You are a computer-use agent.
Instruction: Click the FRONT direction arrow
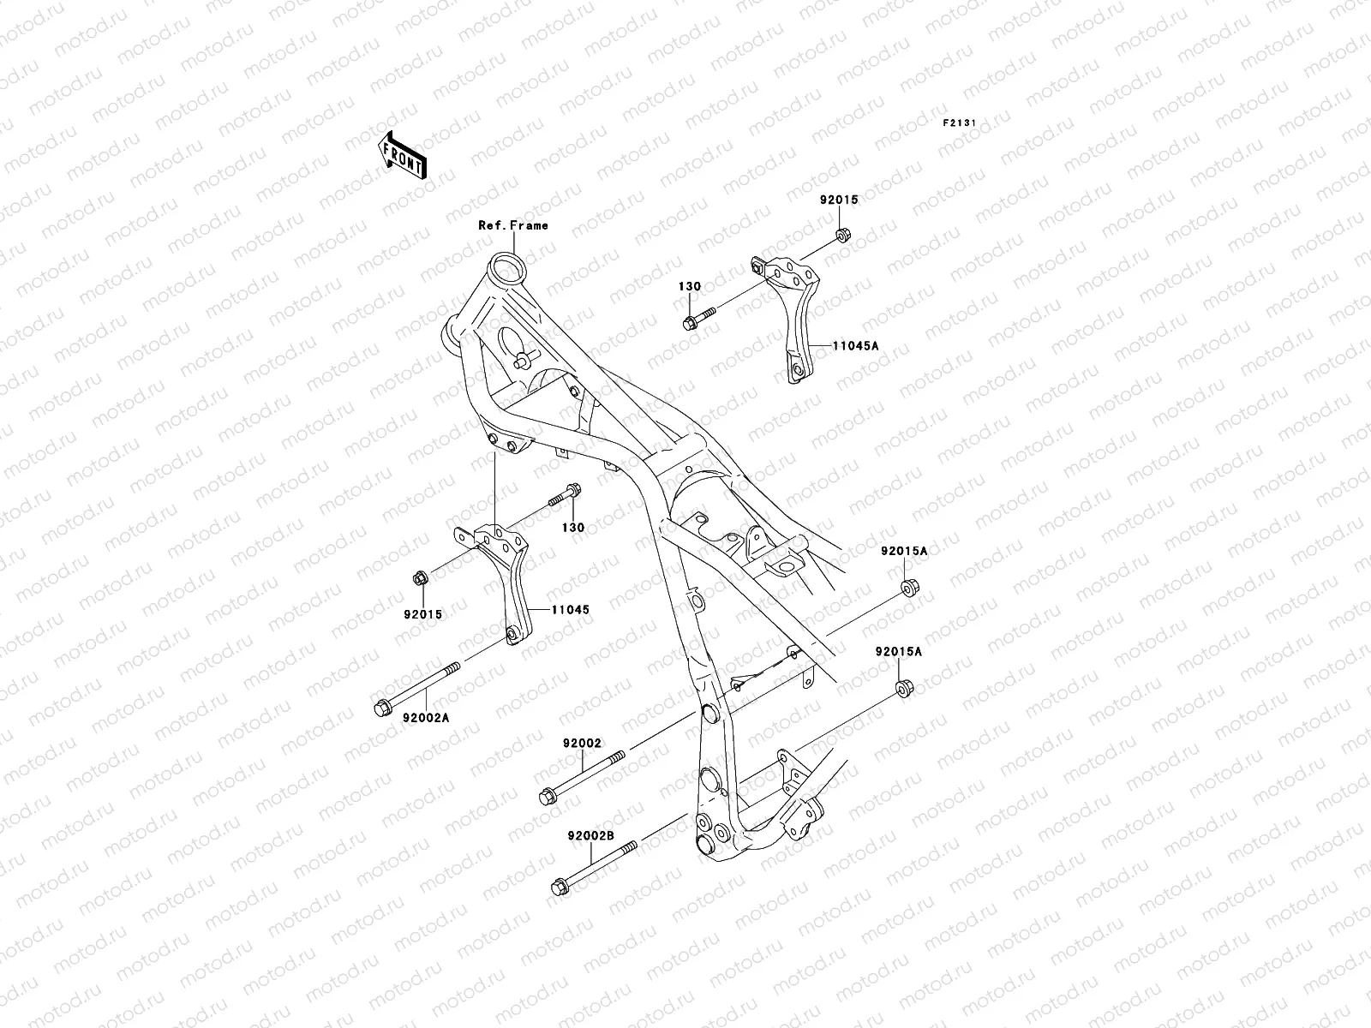pyautogui.click(x=416, y=154)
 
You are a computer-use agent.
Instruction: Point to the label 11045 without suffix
pyautogui.click(x=570, y=610)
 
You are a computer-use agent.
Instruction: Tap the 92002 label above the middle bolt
pyautogui.click(x=582, y=744)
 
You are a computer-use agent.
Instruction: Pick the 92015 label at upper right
pyautogui.click(x=838, y=200)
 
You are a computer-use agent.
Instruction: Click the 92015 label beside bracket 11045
pyautogui.click(x=424, y=613)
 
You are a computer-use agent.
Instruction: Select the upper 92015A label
pyautogui.click(x=904, y=552)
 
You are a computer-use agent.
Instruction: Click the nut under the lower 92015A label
pyautogui.click(x=903, y=688)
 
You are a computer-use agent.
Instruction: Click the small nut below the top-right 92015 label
pyautogui.click(x=842, y=234)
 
